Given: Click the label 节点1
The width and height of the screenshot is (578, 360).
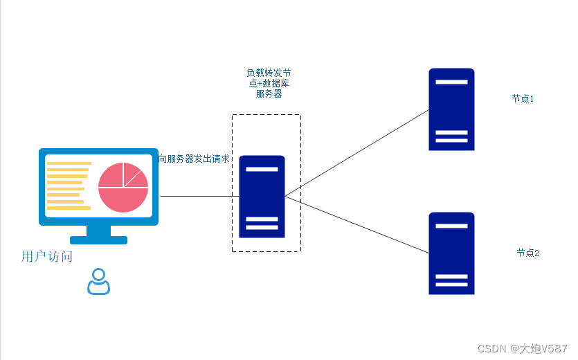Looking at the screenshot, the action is click(523, 98).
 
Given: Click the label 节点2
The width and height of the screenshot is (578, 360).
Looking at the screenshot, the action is click(528, 253).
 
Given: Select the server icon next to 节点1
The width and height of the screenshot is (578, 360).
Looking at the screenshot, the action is click(451, 109).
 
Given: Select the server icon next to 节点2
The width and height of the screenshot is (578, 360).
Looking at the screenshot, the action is click(451, 253).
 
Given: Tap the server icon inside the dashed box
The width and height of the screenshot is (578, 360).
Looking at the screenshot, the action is click(262, 197).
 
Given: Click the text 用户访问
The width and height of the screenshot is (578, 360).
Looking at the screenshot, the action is click(47, 256).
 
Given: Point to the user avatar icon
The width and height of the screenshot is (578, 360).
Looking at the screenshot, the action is click(98, 282).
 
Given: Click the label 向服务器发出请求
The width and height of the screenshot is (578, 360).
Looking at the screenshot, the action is click(194, 159).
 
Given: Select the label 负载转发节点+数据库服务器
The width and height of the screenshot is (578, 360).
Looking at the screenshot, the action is click(269, 83).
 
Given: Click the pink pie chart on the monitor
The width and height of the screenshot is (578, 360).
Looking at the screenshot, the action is click(123, 188).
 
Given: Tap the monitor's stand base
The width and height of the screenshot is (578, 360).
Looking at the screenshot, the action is click(99, 240).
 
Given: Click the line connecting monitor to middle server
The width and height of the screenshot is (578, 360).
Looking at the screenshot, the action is click(199, 196).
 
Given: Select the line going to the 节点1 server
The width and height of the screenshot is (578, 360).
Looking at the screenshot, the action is click(356, 153).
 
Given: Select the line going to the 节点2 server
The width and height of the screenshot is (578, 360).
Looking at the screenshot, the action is click(356, 224).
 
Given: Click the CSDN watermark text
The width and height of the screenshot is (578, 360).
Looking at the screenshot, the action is click(523, 348).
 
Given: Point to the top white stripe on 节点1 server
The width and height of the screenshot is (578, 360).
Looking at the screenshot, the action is click(451, 82).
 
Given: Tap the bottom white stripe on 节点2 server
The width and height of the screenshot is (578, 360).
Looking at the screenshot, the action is click(451, 285).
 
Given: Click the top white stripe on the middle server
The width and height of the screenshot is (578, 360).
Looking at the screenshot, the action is click(262, 170).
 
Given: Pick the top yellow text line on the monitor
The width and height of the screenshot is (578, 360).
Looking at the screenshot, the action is click(69, 163).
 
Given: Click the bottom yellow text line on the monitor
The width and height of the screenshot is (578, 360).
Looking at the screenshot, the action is click(69, 208).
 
